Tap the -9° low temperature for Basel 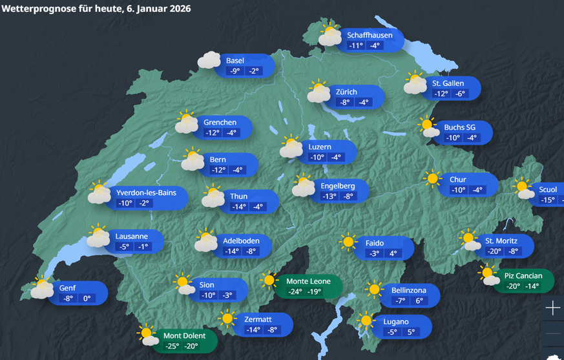pos(235,71)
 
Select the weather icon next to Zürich pos(319,92)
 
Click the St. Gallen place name pos(448,83)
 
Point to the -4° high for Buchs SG pos(471,138)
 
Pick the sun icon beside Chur pos(432,179)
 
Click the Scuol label pos(547,189)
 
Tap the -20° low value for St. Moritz pos(494,252)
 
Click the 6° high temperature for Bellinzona pos(419,301)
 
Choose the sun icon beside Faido pos(349,242)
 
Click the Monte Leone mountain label pos(308,281)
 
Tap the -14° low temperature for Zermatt pos(253,330)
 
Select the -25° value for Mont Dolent pos(171,346)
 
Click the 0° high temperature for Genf pos(85,299)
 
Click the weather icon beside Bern pos(192,160)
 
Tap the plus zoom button pos(553,308)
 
